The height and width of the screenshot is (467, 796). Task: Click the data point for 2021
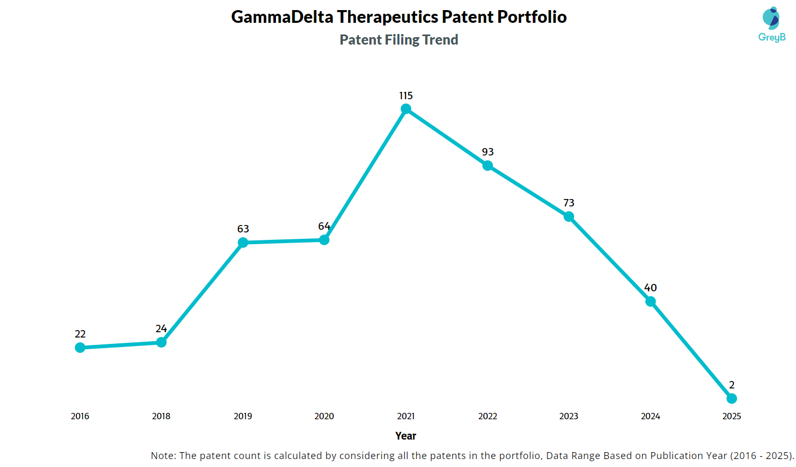point(406,109)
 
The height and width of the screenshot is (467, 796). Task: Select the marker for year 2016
point(80,348)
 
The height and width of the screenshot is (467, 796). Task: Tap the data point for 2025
point(732,399)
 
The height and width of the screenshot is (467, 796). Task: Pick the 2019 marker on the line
point(243,243)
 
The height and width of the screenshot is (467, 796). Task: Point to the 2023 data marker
point(569,217)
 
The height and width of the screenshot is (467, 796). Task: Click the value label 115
point(406,96)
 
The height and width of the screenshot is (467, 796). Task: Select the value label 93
point(488,152)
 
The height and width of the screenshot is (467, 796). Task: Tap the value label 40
point(651,288)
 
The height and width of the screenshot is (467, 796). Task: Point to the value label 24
point(161,329)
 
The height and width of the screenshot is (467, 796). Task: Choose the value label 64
point(324,227)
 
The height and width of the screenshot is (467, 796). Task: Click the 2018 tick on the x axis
point(161,417)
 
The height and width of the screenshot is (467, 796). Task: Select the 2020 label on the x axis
point(324,417)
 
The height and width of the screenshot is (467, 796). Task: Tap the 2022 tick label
point(488,417)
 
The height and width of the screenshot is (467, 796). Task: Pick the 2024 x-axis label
point(651,417)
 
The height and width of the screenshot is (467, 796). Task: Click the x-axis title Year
point(406,436)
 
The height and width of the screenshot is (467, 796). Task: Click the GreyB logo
point(772,24)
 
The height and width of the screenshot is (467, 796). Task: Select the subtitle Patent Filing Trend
point(399,40)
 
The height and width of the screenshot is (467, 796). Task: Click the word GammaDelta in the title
point(282,17)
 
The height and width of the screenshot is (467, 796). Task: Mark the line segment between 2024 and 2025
point(691,350)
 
